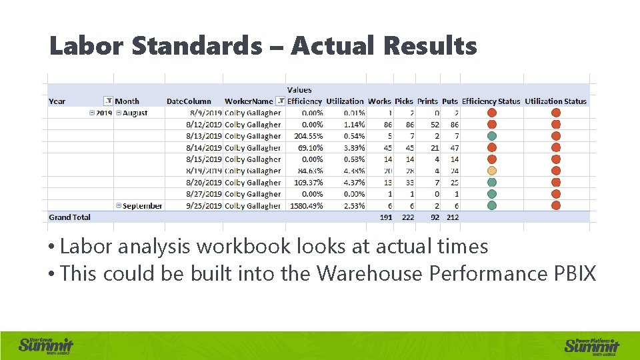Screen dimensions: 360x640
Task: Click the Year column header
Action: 57,101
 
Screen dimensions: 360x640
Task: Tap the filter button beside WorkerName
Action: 281,101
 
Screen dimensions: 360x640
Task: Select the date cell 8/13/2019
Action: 203,136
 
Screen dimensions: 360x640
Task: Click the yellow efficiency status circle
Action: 491,171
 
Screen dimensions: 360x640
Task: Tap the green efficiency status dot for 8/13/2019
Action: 491,136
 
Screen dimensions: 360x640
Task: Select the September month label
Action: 142,206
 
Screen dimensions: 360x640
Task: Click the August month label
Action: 135,113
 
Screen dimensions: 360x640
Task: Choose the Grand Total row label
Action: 70,217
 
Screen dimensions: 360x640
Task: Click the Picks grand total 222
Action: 405,217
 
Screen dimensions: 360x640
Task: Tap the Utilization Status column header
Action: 555,101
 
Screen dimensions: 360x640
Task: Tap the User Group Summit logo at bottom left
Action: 46,345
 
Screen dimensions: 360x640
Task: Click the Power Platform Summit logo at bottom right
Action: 592,345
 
